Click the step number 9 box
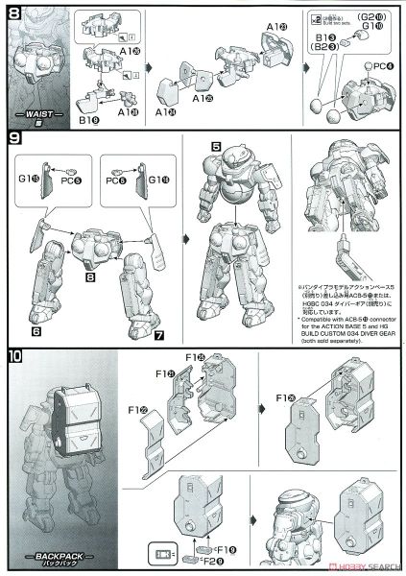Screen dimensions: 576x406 tap(13, 139)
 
